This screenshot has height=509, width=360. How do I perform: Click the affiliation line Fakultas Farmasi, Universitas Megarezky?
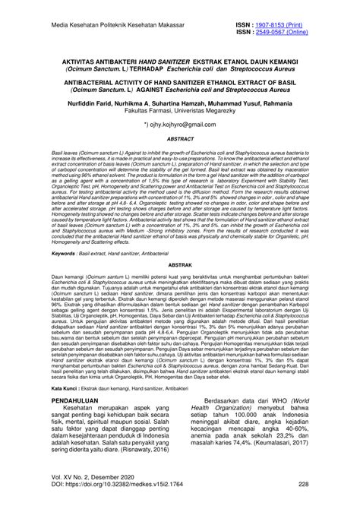[180, 106]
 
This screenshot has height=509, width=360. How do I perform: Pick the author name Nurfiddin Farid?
[68, 98]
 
